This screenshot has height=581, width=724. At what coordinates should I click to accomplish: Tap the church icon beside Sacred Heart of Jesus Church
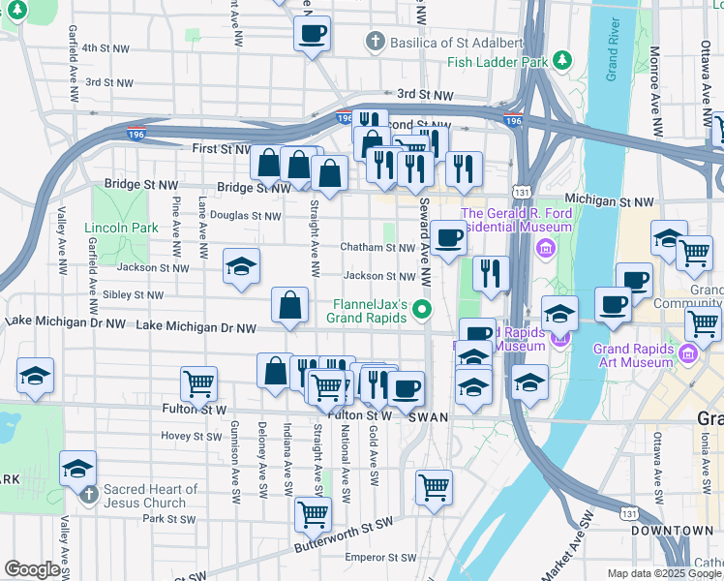(x=88, y=496)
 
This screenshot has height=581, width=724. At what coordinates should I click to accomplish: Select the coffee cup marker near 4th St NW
(x=313, y=34)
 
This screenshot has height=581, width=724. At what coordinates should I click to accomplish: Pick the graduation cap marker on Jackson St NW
(x=241, y=267)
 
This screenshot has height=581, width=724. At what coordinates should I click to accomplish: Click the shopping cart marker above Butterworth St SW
(x=313, y=513)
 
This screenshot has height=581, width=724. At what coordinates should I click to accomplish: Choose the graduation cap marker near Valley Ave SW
(x=77, y=470)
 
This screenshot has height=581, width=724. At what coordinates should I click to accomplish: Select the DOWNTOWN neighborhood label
(x=672, y=531)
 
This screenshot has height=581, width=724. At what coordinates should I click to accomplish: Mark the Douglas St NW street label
(x=245, y=216)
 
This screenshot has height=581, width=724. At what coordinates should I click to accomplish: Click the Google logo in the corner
(x=32, y=569)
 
